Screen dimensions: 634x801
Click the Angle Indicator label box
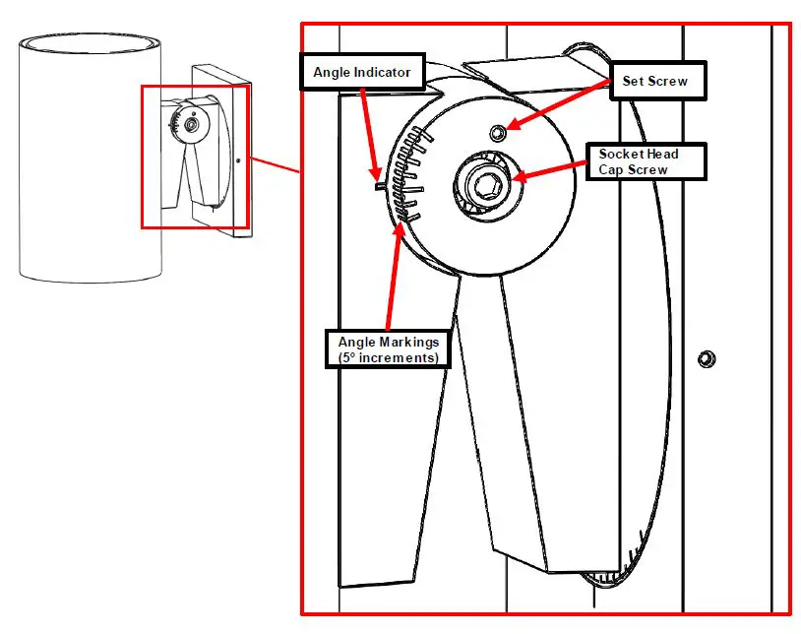tap(362, 72)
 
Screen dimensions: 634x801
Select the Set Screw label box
tap(655, 82)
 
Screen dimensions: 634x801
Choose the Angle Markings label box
tap(388, 349)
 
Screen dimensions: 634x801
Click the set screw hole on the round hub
tap(499, 132)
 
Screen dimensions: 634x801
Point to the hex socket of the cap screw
tap(483, 184)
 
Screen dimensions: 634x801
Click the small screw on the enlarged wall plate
tap(705, 358)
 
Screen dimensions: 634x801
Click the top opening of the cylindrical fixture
tap(90, 44)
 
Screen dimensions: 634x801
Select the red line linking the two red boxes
tap(276, 165)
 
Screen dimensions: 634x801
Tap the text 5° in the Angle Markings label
tap(348, 358)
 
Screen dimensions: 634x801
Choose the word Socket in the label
tap(622, 154)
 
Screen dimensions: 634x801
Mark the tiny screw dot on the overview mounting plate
tap(239, 158)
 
